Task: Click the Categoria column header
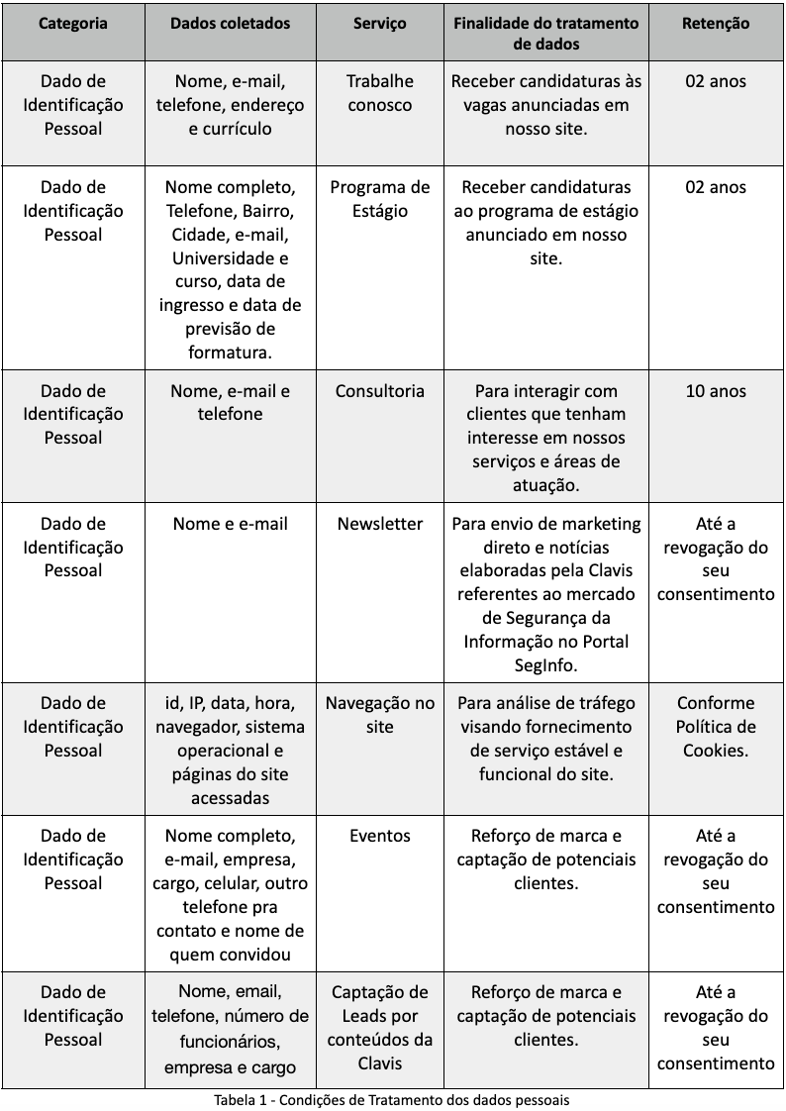73,23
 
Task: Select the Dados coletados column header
231,23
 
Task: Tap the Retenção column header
716,23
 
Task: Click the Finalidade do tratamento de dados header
546,34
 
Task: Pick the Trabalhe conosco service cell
380,93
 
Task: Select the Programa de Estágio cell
380,199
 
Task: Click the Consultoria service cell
380,391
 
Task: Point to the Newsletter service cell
380,524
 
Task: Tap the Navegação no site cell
380,715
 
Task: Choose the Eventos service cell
380,836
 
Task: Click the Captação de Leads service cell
380,1028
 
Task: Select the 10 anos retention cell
716,391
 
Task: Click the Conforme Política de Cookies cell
716,727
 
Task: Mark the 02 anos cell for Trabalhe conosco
716,81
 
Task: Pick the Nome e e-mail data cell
231,524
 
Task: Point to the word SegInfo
546,664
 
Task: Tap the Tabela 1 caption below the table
392,1099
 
